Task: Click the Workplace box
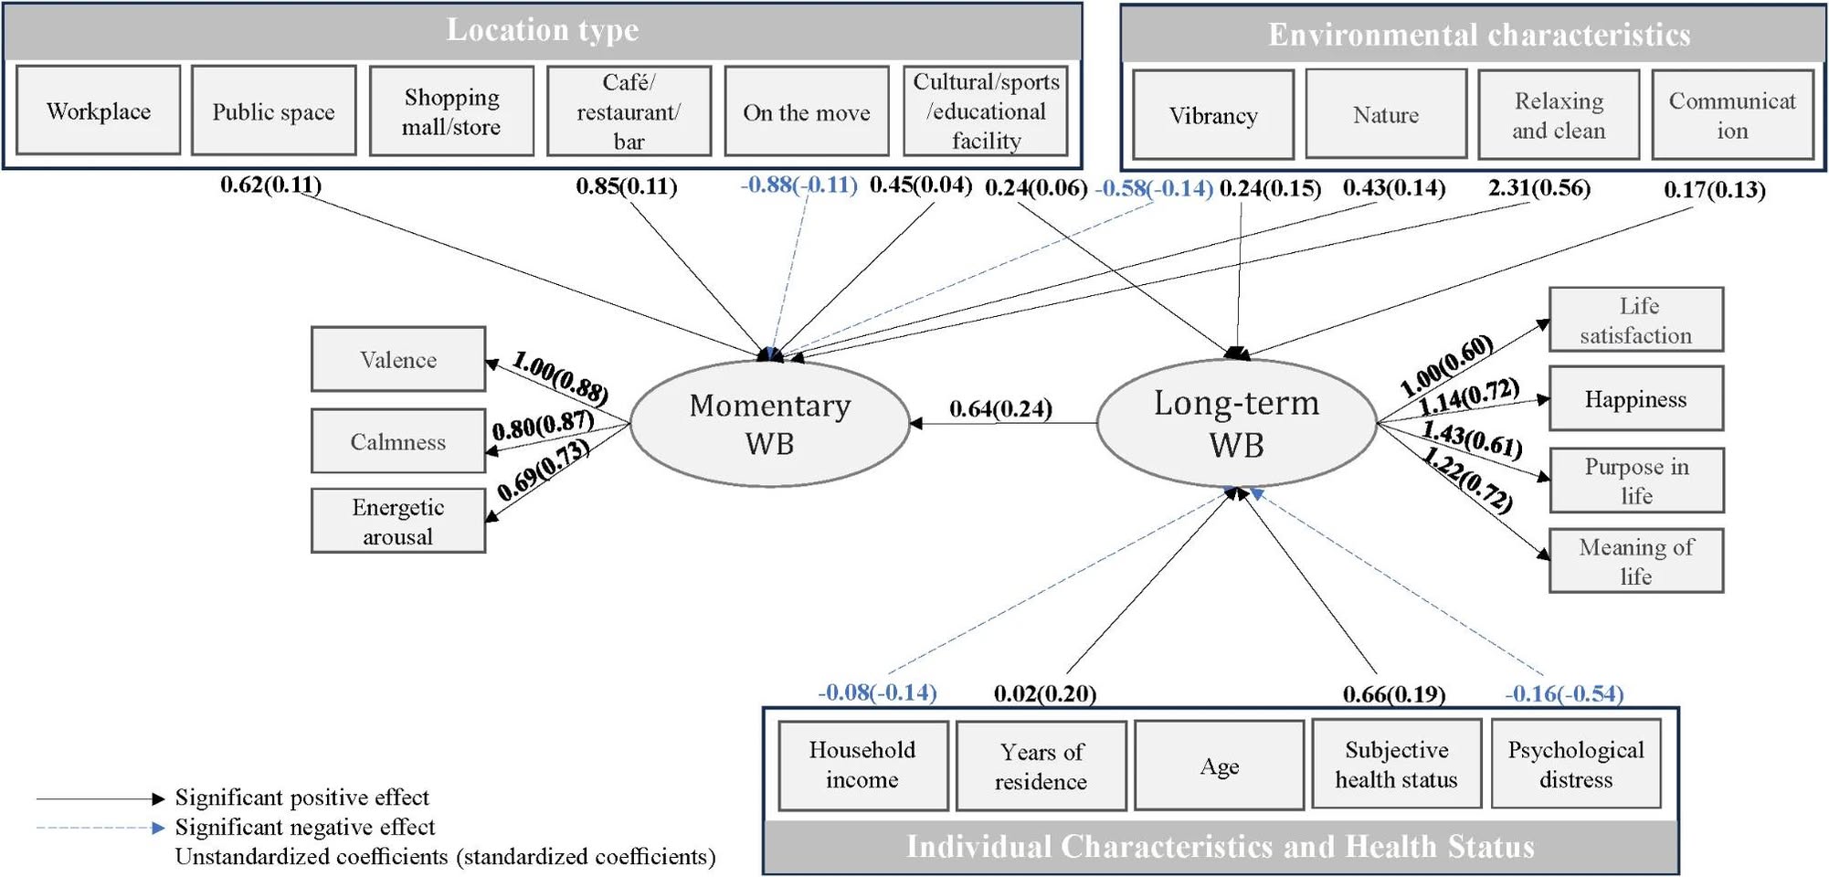(99, 111)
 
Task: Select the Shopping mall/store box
(451, 111)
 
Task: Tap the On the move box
(807, 111)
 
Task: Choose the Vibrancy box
(1213, 115)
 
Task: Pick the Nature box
(1386, 114)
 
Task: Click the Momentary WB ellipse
(770, 423)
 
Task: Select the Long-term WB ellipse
(1237, 423)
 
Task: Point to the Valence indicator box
(398, 359)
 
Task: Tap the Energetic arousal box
(398, 521)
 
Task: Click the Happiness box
(1636, 398)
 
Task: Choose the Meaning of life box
(1636, 561)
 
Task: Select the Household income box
(862, 765)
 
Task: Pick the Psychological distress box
(1576, 764)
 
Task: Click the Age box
(1220, 766)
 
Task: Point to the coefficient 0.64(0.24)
(1000, 407)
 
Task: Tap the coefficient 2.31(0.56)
(1539, 188)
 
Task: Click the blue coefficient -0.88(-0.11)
(799, 185)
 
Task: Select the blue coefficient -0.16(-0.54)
(1564, 693)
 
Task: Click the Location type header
(543, 31)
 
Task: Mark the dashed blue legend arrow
(100, 828)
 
